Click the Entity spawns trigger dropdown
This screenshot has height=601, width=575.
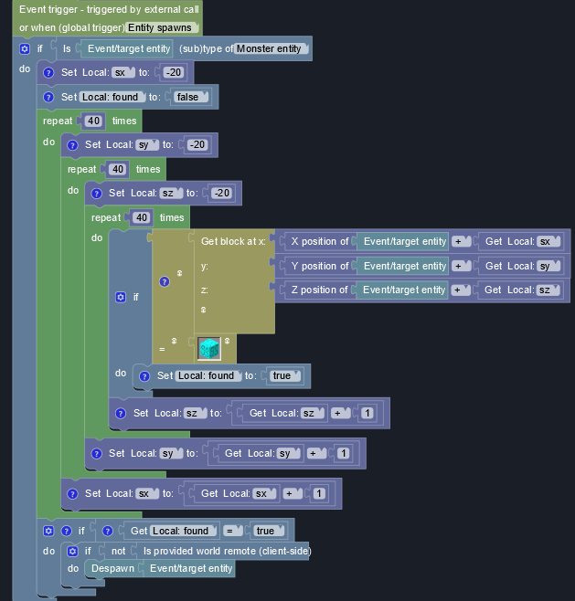pos(164,27)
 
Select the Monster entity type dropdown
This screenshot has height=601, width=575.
pos(272,48)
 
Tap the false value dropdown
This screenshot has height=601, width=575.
pos(192,97)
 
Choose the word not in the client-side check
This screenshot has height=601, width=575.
pos(118,551)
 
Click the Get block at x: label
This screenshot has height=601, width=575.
pos(232,241)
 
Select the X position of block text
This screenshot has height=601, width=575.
pos(319,241)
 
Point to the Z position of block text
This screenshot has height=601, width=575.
pos(319,290)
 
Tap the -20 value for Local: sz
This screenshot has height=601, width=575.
pos(221,193)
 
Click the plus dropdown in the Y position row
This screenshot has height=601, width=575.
pos(462,266)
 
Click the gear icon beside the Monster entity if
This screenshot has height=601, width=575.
pos(25,47)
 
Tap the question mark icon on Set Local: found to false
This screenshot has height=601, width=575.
pos(49,97)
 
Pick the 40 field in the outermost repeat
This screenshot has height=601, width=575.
pos(93,121)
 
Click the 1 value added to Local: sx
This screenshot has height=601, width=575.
pos(319,494)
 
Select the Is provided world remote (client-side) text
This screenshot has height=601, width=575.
pos(226,551)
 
